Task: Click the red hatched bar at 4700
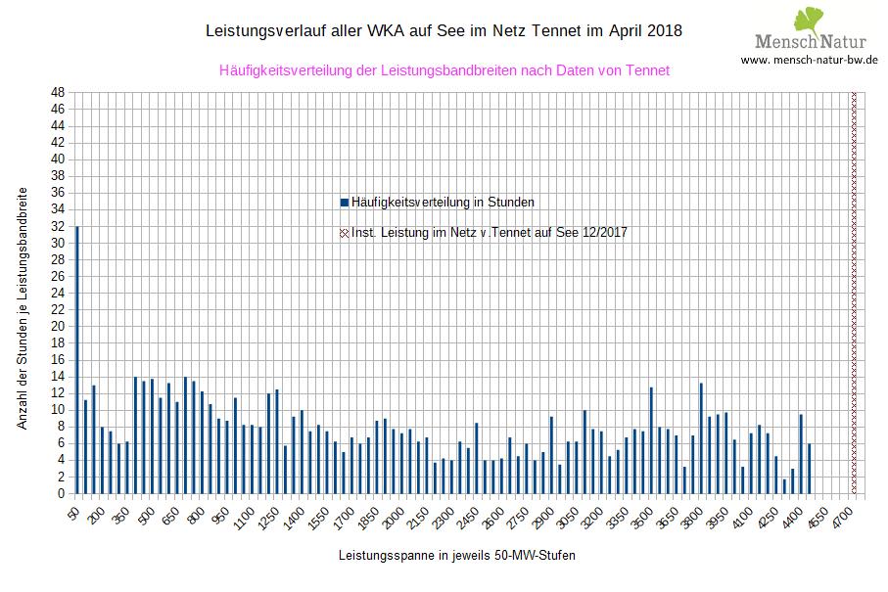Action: pyautogui.click(x=854, y=294)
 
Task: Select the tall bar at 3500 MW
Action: pyautogui.click(x=651, y=440)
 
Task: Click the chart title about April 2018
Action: pyautogui.click(x=444, y=31)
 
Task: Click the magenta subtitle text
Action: pyautogui.click(x=444, y=70)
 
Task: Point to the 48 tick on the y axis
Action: pyautogui.click(x=58, y=93)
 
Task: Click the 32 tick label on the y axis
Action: pyautogui.click(x=58, y=226)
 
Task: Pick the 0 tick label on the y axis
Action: pyautogui.click(x=61, y=494)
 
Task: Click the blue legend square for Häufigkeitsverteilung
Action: pyautogui.click(x=344, y=203)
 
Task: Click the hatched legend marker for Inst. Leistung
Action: pyautogui.click(x=344, y=233)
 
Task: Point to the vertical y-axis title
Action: pyautogui.click(x=23, y=308)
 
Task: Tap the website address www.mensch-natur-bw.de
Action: pyautogui.click(x=809, y=60)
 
